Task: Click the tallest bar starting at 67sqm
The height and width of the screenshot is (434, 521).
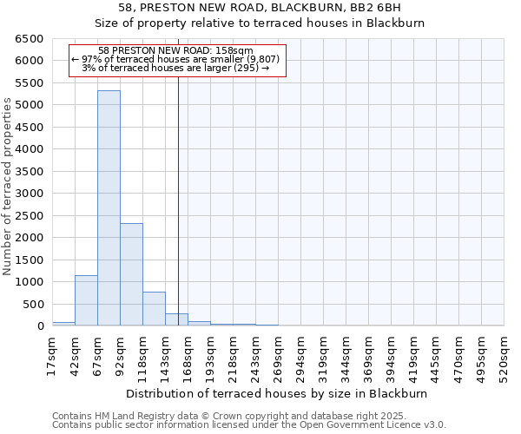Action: [109, 208]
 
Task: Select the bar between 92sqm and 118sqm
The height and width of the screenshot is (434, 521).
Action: [131, 274]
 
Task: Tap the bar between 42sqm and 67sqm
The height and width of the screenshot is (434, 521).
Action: [86, 300]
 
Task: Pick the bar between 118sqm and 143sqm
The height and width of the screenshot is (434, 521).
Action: [154, 309]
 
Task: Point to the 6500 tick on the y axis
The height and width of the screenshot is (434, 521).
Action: [30, 39]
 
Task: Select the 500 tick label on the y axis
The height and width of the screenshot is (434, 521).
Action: [33, 304]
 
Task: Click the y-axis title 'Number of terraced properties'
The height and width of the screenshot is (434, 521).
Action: [8, 187]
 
